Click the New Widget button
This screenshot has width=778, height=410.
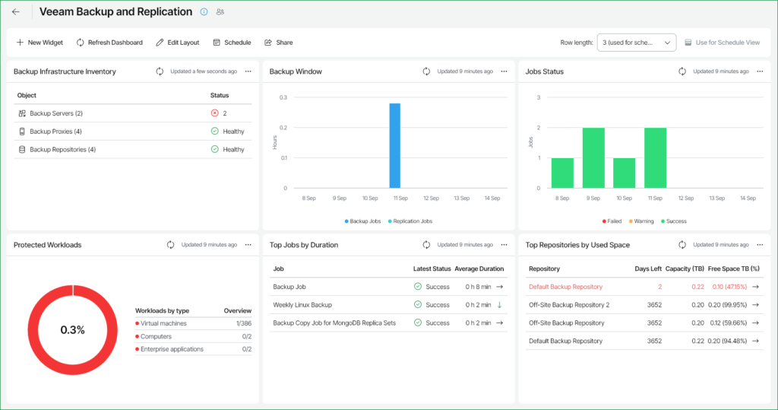point(40,43)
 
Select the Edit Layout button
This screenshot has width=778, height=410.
point(177,43)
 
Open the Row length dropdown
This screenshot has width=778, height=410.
point(636,43)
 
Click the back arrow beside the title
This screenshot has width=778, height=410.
point(16,11)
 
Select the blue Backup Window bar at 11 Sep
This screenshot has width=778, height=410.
point(394,145)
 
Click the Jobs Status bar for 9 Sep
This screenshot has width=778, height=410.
point(593,157)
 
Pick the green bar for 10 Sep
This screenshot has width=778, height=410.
point(624,173)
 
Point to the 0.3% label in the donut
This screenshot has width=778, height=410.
point(72,330)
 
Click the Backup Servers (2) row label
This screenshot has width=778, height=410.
point(55,113)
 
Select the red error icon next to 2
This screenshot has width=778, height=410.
point(214,113)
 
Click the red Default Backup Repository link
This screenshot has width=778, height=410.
point(565,287)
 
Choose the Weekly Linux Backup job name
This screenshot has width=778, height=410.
point(302,305)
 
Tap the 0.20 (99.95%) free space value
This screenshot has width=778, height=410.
point(727,305)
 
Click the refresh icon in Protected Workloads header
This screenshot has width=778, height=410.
point(171,245)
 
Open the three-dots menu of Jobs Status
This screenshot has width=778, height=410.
point(759,72)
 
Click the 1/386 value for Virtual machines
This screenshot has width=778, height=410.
point(243,323)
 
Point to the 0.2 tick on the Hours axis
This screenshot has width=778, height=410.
point(283,128)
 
